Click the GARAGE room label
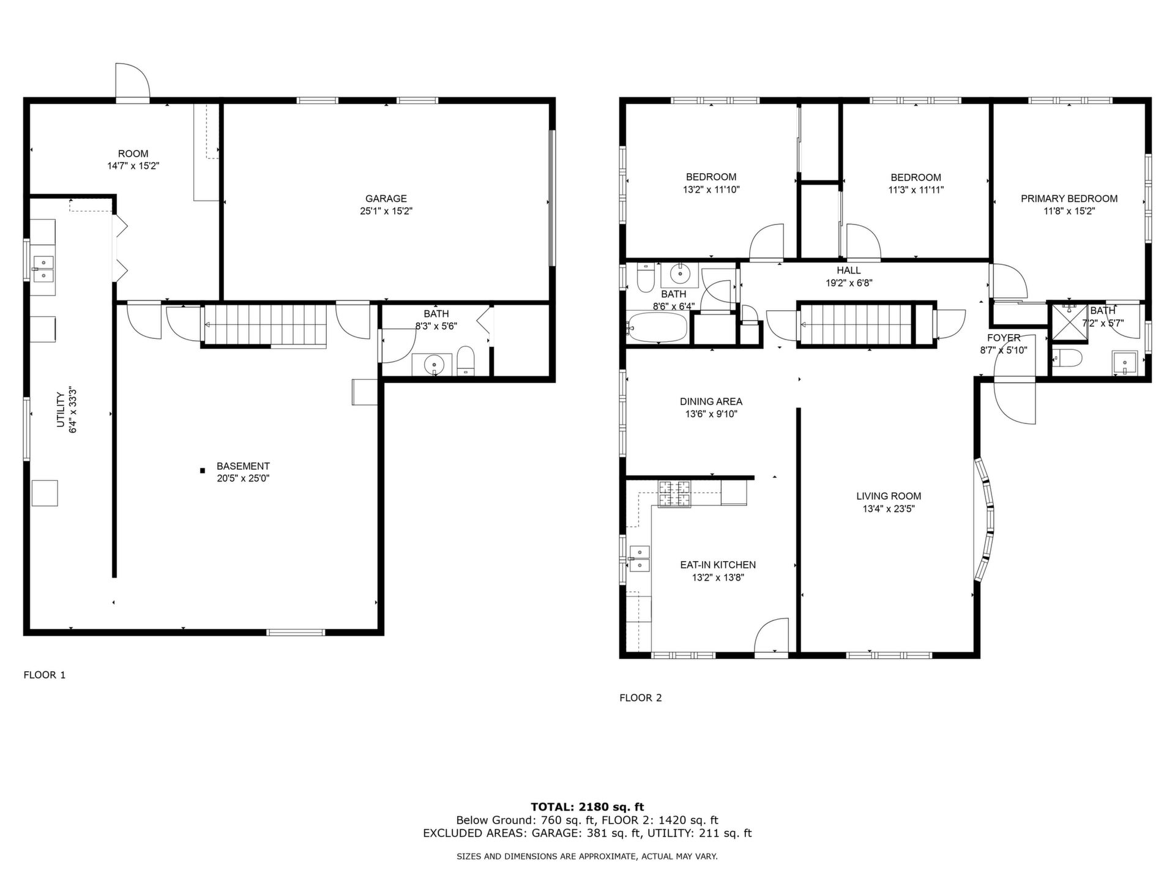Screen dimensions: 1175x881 tap(386, 198)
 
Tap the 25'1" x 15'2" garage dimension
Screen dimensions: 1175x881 tap(386, 211)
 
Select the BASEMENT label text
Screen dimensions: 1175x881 tap(243, 466)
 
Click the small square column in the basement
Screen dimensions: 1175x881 tap(202, 470)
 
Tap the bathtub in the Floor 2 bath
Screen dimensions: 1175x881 tap(658, 328)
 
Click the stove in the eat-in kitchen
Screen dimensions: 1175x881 tap(674, 494)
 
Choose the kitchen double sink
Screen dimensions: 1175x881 tap(640, 558)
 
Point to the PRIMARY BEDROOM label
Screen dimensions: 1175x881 tap(1069, 198)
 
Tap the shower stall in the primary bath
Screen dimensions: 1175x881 tap(1067, 322)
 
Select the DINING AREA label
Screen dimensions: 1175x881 tap(711, 401)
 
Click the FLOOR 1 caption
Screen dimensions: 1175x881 tap(44, 675)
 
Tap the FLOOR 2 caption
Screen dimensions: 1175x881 tap(640, 697)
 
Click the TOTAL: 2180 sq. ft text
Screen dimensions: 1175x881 tap(587, 807)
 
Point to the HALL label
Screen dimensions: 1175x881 tap(849, 270)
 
